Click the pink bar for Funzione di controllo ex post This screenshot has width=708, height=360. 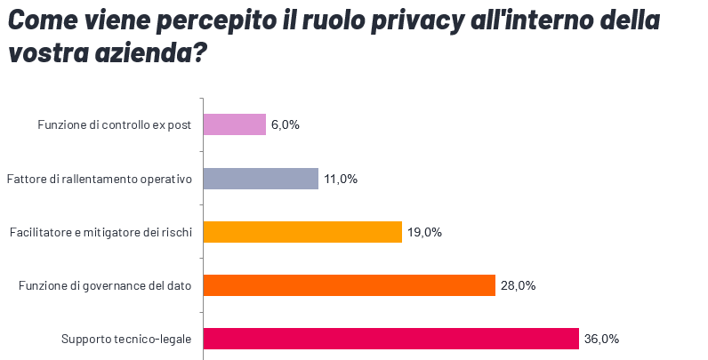(235, 124)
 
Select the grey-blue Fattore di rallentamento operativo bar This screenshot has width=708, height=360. (261, 179)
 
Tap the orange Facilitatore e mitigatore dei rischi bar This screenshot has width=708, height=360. (302, 232)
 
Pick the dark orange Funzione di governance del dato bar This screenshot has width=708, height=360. (349, 285)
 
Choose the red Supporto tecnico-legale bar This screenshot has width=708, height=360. (391, 339)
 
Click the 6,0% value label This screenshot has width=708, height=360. (285, 125)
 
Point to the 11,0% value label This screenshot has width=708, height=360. (341, 179)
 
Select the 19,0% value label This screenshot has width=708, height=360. (424, 232)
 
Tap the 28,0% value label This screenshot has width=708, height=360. (518, 285)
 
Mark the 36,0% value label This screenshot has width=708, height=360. (601, 339)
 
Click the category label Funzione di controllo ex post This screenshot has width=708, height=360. (115, 125)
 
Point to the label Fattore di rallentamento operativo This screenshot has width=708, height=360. (100, 179)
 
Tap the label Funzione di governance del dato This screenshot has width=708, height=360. (106, 286)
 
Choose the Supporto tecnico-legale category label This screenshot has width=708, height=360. (126, 340)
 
